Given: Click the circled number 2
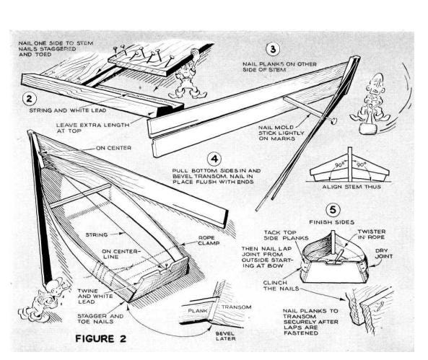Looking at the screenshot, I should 30,99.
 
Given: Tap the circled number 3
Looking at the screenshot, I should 271,49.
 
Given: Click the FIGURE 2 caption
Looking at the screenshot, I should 113,338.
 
